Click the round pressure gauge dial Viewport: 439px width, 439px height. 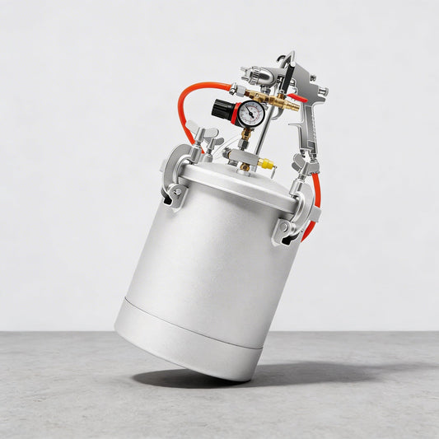click(x=253, y=112)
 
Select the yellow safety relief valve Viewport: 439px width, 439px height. click(x=266, y=163)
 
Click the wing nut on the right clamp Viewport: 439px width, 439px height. click(x=304, y=168)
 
